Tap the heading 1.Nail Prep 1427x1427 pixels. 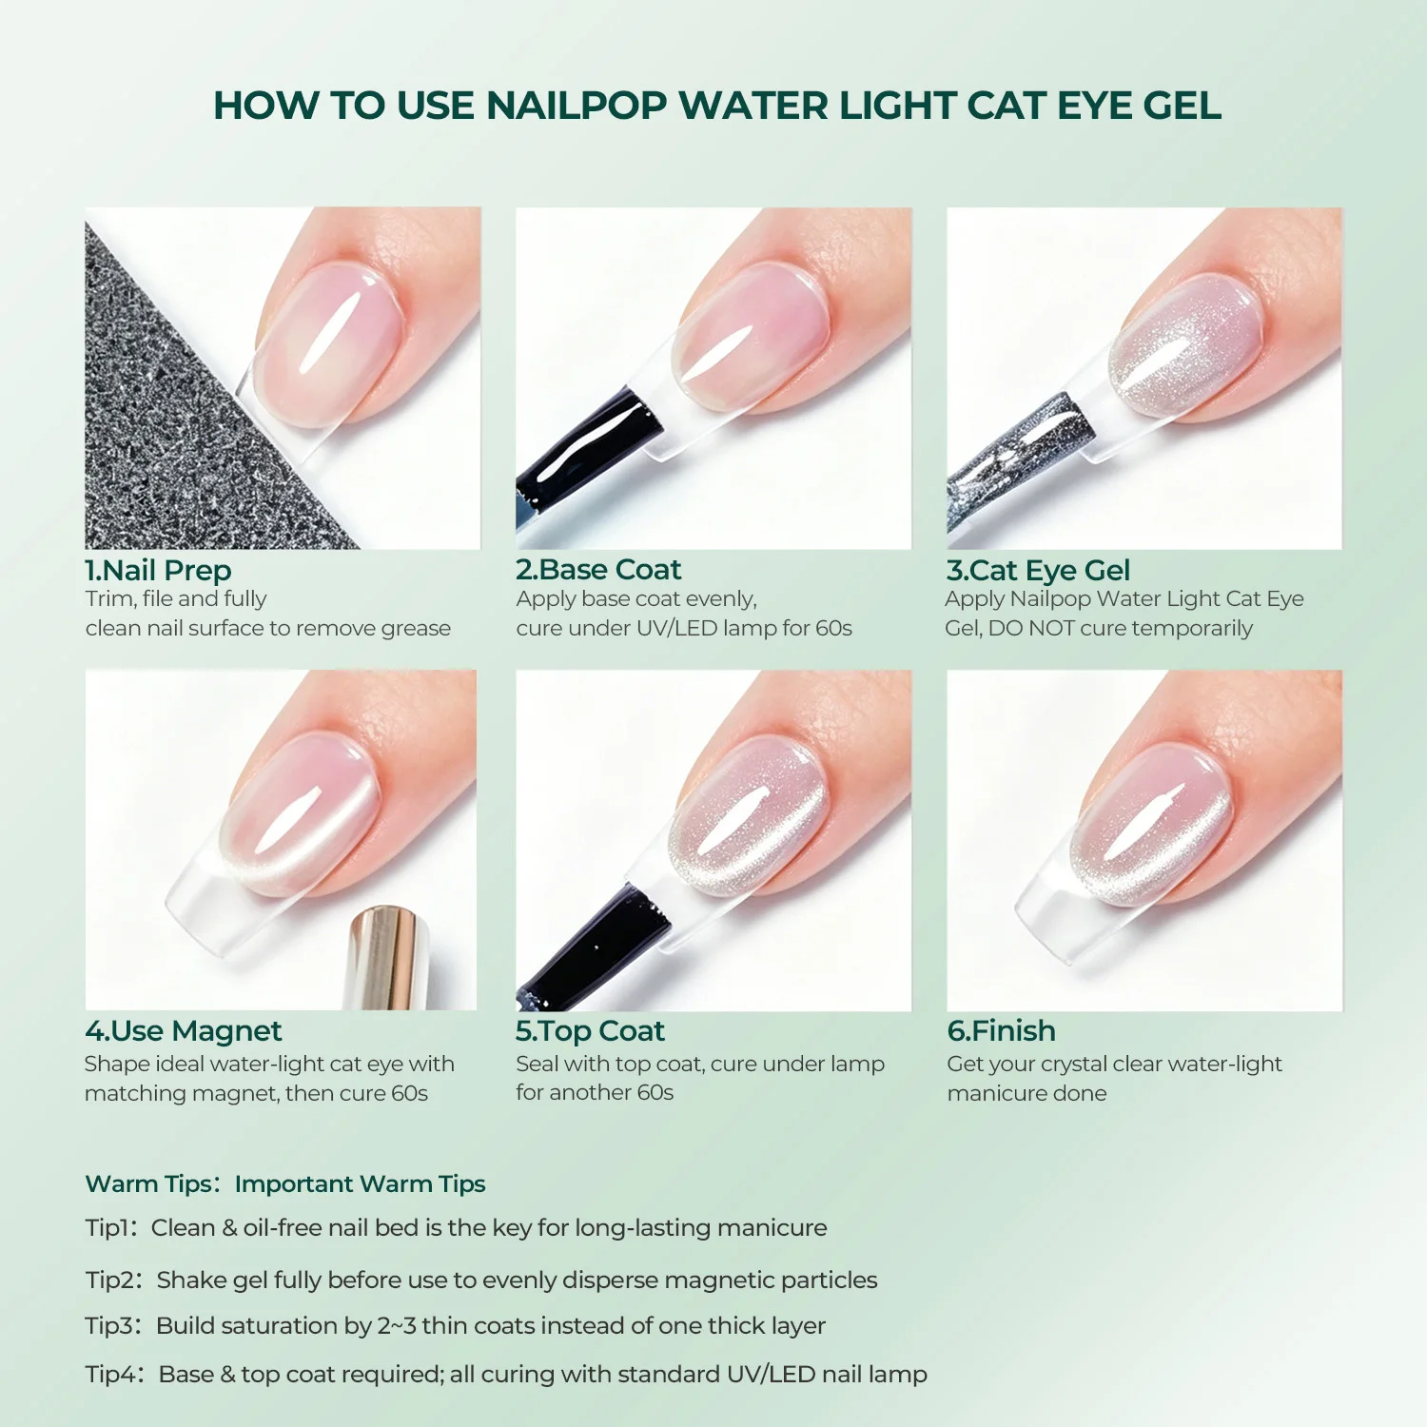[x=158, y=570]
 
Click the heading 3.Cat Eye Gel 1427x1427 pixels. [x=1038, y=570]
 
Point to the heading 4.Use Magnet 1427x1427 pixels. [x=184, y=1031]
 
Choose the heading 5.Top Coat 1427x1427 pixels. [x=590, y=1031]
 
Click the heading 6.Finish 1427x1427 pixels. [x=1001, y=1030]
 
